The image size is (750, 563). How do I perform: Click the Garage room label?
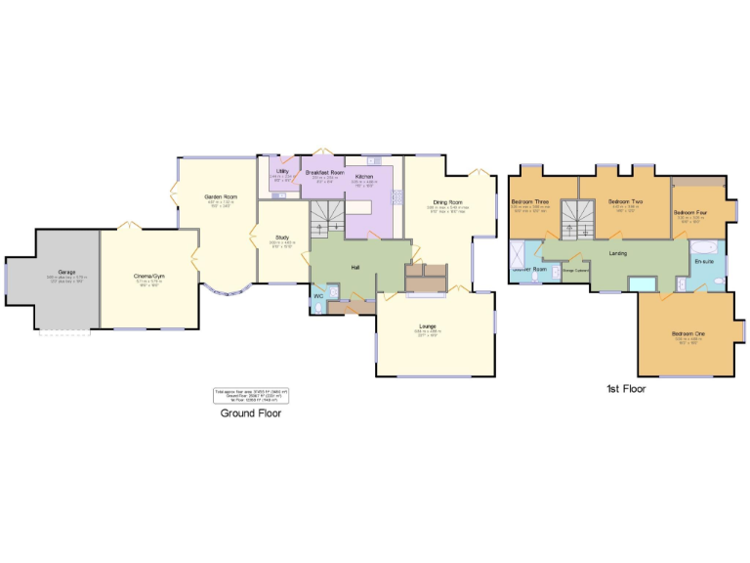66,272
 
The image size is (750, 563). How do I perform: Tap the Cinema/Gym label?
149,277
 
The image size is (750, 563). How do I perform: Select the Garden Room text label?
221,196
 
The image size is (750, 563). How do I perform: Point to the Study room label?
282,238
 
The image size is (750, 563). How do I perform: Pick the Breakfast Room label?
324,172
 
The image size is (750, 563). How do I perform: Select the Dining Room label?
448,202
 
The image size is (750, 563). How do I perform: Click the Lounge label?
428,325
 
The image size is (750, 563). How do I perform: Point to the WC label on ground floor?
318,295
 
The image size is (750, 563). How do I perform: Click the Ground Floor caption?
250,413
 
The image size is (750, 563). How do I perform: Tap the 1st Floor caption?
625,389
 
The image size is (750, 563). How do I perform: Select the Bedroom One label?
687,334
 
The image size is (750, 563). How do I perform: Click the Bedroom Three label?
530,202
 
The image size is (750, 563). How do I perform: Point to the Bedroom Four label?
689,212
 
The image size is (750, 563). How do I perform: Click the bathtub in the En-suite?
705,245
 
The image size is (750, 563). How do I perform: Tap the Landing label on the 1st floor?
617,253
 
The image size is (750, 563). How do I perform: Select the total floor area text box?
251,396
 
